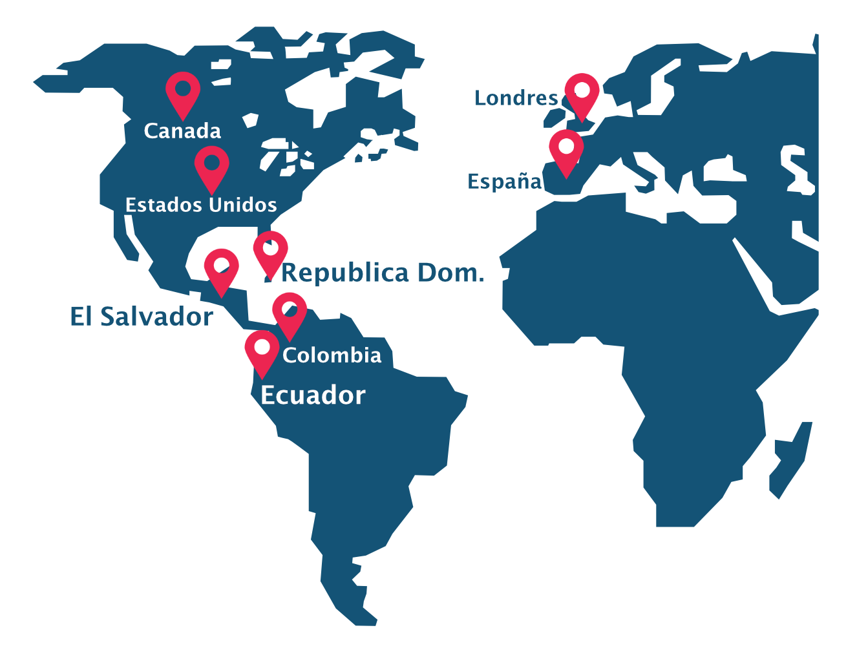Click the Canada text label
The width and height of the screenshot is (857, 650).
coord(182,131)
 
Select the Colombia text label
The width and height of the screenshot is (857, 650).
coord(332,355)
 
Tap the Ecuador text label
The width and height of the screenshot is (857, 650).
coord(313,395)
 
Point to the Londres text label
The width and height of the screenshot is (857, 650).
coord(516,98)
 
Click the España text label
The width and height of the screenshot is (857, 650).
coord(504,182)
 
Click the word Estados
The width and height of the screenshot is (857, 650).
coord(162,205)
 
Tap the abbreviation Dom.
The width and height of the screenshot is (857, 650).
coord(450,273)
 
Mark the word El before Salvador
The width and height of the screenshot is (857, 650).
coord(81,317)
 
